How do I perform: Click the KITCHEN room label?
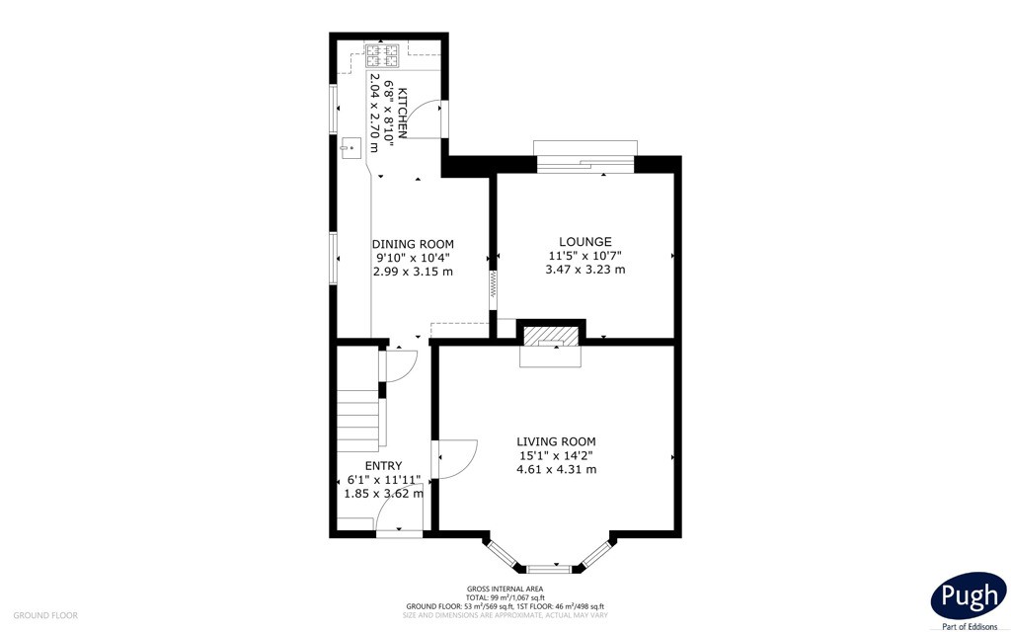pyautogui.click(x=402, y=113)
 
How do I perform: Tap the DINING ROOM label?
pyautogui.click(x=413, y=244)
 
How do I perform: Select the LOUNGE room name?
pyautogui.click(x=585, y=242)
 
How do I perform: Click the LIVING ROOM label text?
pyautogui.click(x=556, y=441)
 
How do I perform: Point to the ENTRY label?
pyautogui.click(x=384, y=466)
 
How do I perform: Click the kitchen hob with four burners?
pyautogui.click(x=383, y=55)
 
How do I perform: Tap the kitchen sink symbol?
pyautogui.click(x=351, y=148)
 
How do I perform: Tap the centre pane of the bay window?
pyautogui.click(x=549, y=569)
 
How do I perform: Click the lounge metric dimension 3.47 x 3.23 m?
pyautogui.click(x=585, y=270)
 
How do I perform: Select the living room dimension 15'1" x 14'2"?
pyautogui.click(x=556, y=455)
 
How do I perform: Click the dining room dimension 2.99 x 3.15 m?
pyautogui.click(x=413, y=272)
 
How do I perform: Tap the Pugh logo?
pyautogui.click(x=969, y=595)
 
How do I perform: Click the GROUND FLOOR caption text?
pyautogui.click(x=45, y=616)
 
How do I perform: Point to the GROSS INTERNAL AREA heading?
pyautogui.click(x=505, y=589)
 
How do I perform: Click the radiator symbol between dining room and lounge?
pyautogui.click(x=494, y=283)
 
